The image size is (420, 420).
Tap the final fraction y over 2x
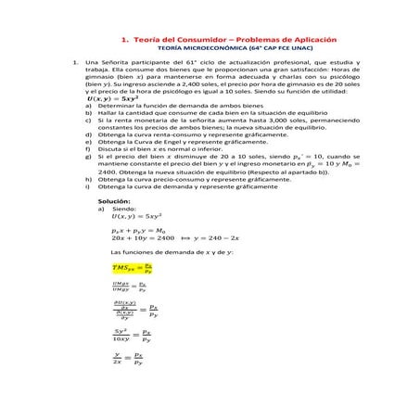tap(119, 358)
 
